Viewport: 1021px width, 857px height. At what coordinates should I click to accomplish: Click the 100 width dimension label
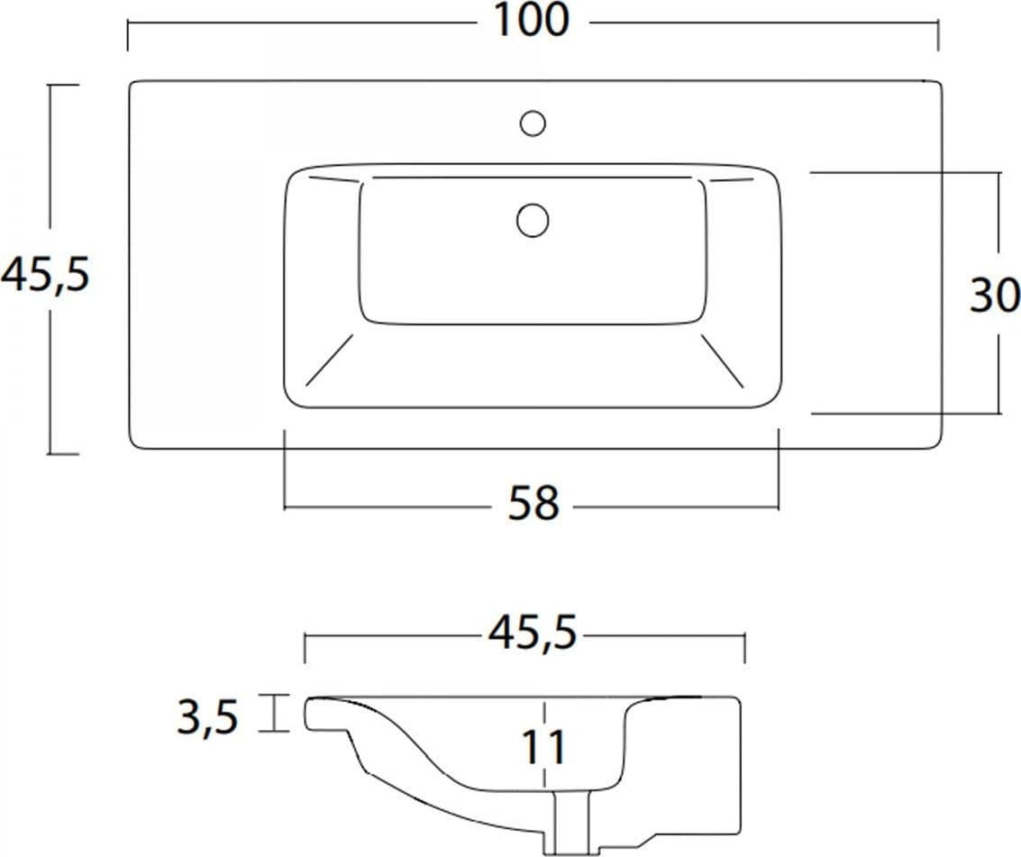coord(532,20)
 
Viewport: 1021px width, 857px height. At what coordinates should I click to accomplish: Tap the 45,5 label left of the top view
coord(44,274)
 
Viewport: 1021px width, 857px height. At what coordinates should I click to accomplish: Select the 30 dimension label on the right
coord(994,295)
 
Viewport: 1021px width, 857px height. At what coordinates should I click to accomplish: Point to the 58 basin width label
coord(533,502)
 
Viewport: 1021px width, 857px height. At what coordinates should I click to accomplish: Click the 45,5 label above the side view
coord(533,632)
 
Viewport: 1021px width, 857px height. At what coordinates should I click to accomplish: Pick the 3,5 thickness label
coord(208,717)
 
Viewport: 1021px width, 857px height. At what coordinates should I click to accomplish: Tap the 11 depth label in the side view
coord(543,747)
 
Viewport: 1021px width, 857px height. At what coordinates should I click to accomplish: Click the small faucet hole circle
coord(533,123)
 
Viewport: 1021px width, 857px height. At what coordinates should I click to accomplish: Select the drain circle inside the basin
coord(533,220)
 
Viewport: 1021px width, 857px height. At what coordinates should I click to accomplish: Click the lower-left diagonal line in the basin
coord(329,360)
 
